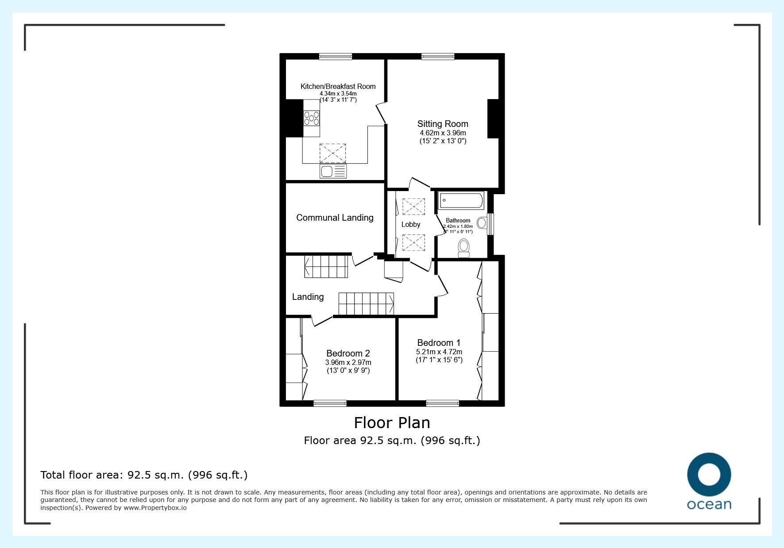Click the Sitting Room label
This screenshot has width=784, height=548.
443,124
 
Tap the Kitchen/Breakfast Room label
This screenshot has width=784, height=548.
338,86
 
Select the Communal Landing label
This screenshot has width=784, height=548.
335,218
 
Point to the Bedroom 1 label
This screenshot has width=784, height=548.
439,343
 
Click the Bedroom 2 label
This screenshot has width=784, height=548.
348,353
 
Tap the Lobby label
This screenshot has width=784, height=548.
411,224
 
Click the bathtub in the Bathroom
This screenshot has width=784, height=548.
461,201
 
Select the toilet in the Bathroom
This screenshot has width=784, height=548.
464,248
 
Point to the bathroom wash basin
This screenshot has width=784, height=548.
482,222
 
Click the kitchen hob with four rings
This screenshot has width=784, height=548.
311,118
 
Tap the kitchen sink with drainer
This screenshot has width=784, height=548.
333,171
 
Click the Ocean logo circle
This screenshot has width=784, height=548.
709,475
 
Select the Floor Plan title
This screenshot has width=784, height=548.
392,422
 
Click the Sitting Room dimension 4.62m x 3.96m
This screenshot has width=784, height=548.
443,133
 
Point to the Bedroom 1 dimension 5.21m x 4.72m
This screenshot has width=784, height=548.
439,352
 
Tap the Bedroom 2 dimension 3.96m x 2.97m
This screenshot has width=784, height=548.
348,362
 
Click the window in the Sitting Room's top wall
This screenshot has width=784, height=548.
438,56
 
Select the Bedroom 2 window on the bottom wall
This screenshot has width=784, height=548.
330,403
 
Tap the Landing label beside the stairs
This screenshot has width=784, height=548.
308,297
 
